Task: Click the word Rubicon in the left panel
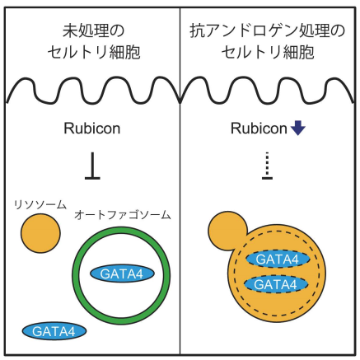(x=92, y=129)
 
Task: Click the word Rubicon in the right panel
(x=259, y=129)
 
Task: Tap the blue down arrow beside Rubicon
(x=298, y=129)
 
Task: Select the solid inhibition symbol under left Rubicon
(x=92, y=166)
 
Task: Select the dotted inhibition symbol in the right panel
(x=267, y=166)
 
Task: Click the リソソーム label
(x=40, y=205)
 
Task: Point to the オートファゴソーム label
(x=123, y=215)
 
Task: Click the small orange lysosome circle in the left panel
(x=40, y=233)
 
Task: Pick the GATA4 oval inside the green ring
(x=122, y=274)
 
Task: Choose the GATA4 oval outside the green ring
(x=54, y=331)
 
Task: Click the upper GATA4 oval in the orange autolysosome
(x=278, y=259)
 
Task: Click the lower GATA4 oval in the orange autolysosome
(x=276, y=284)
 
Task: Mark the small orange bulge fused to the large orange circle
(x=226, y=231)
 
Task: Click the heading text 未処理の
(x=94, y=30)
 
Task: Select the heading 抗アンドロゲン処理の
(x=268, y=30)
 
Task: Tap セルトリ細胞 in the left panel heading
(x=94, y=52)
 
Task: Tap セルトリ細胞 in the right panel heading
(x=268, y=52)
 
